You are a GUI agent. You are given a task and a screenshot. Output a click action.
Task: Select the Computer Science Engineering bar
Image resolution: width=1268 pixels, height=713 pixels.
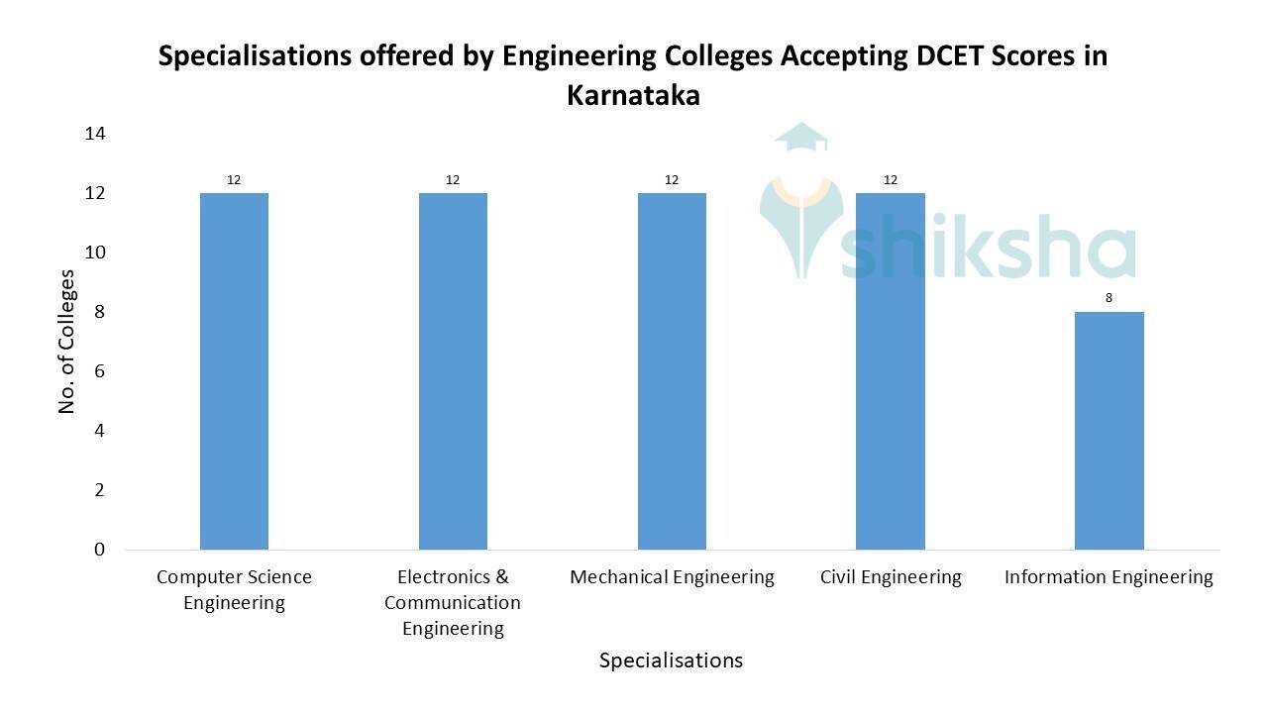(234, 371)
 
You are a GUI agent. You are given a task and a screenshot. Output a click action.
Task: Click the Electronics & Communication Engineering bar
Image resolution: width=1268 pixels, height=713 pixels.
(453, 371)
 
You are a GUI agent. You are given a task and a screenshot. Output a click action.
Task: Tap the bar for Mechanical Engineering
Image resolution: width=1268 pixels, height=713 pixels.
(672, 371)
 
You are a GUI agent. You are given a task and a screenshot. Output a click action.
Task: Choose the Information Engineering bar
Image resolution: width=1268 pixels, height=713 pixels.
(1109, 431)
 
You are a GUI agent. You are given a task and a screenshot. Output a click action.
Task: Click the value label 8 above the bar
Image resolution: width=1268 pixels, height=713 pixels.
(1109, 297)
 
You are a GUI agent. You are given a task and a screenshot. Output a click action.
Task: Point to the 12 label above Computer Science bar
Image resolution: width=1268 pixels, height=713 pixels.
(234, 179)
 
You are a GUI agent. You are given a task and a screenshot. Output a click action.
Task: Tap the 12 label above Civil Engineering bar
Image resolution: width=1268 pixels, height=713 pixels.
(891, 179)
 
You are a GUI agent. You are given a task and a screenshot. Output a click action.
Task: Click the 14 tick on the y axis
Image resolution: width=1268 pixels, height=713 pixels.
(95, 133)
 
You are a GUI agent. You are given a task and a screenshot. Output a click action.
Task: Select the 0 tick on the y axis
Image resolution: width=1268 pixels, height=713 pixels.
(99, 550)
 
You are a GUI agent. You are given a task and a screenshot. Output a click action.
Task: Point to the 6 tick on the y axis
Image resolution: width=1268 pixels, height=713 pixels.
(99, 371)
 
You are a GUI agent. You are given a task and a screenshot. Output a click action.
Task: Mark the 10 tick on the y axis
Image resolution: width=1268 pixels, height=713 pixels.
(95, 253)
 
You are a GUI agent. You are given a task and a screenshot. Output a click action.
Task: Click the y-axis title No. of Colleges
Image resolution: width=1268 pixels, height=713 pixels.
(67, 342)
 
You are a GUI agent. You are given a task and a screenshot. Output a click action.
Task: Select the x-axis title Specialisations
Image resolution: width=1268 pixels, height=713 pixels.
(671, 661)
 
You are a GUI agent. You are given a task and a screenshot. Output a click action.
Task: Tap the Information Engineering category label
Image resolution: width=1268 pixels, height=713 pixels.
(1109, 577)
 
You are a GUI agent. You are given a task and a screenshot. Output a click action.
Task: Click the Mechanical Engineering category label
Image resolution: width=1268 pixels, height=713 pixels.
(672, 577)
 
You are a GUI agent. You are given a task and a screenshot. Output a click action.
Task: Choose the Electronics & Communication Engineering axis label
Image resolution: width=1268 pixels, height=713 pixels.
(453, 602)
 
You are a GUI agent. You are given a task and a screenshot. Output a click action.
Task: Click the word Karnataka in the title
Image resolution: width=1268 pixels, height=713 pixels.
(633, 96)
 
